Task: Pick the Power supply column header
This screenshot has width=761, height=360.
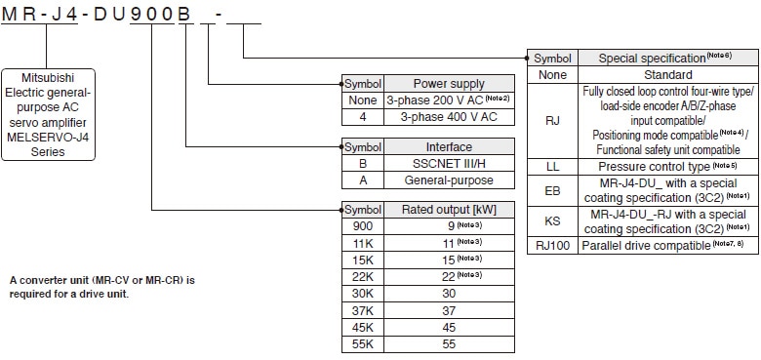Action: click(x=449, y=84)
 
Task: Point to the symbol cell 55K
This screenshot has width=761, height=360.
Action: click(x=362, y=344)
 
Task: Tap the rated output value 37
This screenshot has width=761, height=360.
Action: click(x=449, y=309)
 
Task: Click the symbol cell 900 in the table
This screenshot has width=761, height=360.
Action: click(x=362, y=225)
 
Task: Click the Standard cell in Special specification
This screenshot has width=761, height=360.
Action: click(x=668, y=74)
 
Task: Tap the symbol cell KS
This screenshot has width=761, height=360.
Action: click(x=553, y=221)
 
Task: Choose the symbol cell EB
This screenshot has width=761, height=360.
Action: click(x=553, y=190)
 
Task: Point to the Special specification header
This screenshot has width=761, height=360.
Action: click(x=668, y=59)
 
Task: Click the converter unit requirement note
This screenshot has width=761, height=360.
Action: click(x=102, y=286)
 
